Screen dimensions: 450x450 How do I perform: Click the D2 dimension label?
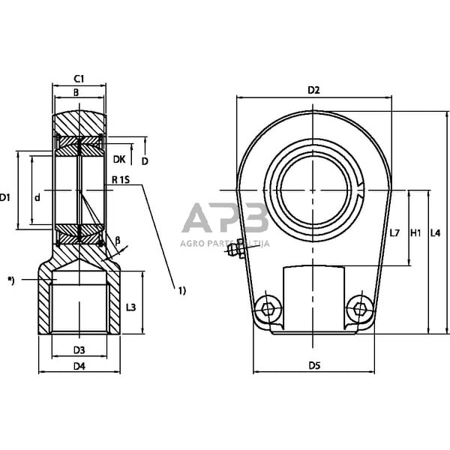313,91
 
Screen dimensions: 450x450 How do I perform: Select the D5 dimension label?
313,365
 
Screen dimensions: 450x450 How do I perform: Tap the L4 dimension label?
435,233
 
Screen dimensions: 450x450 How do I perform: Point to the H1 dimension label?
417,233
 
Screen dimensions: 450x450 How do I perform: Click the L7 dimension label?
395,233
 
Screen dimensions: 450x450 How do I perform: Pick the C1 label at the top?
78,78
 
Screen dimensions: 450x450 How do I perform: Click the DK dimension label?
118,159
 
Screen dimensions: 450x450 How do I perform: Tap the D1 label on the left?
5,197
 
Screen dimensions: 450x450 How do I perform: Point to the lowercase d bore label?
37,197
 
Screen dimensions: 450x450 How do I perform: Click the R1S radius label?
121,180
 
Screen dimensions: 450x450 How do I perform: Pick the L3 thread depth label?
130,307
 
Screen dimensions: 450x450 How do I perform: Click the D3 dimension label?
79,349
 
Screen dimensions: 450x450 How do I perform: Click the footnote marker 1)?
181,289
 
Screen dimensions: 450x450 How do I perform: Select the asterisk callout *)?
10,280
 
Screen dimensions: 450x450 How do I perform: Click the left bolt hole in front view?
267,307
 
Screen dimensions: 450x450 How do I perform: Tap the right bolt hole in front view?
360,307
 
